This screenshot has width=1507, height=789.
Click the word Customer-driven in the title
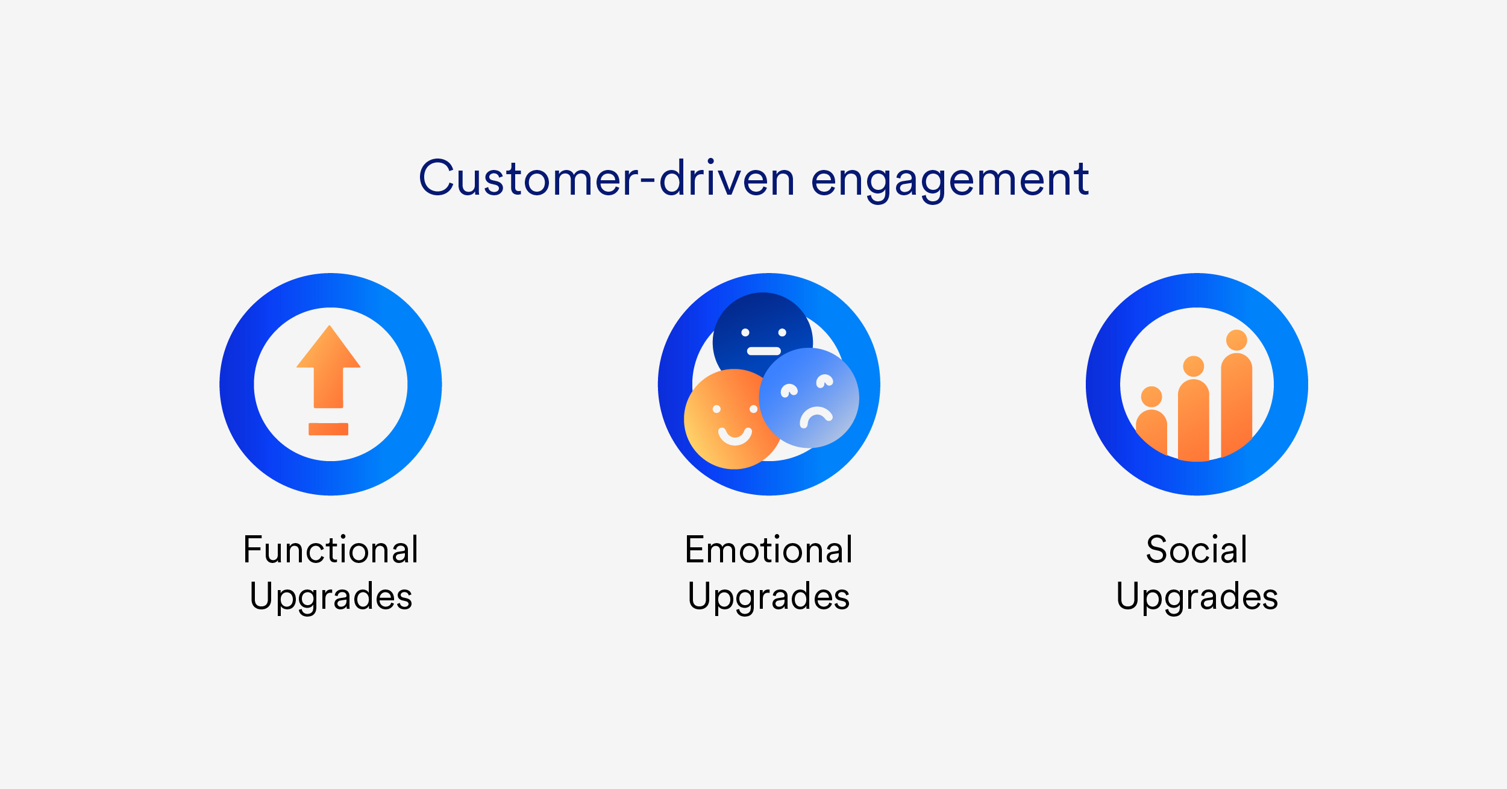607,179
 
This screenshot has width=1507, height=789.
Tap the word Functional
331,550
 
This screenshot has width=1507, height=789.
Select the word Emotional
769,550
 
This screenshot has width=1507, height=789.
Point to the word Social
1197,550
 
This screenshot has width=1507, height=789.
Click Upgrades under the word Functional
331,597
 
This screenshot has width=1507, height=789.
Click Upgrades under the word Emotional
769,597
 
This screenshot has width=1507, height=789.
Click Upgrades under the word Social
1197,597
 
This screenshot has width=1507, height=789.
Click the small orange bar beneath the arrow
328,429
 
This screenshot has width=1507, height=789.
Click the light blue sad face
809,398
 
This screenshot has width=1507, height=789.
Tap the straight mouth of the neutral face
764,351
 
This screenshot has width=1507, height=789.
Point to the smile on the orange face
735,436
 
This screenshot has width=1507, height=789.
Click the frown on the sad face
816,416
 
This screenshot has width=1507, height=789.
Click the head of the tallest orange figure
1236,340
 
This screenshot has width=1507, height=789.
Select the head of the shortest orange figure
1151,397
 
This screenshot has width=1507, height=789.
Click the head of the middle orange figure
1194,366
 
